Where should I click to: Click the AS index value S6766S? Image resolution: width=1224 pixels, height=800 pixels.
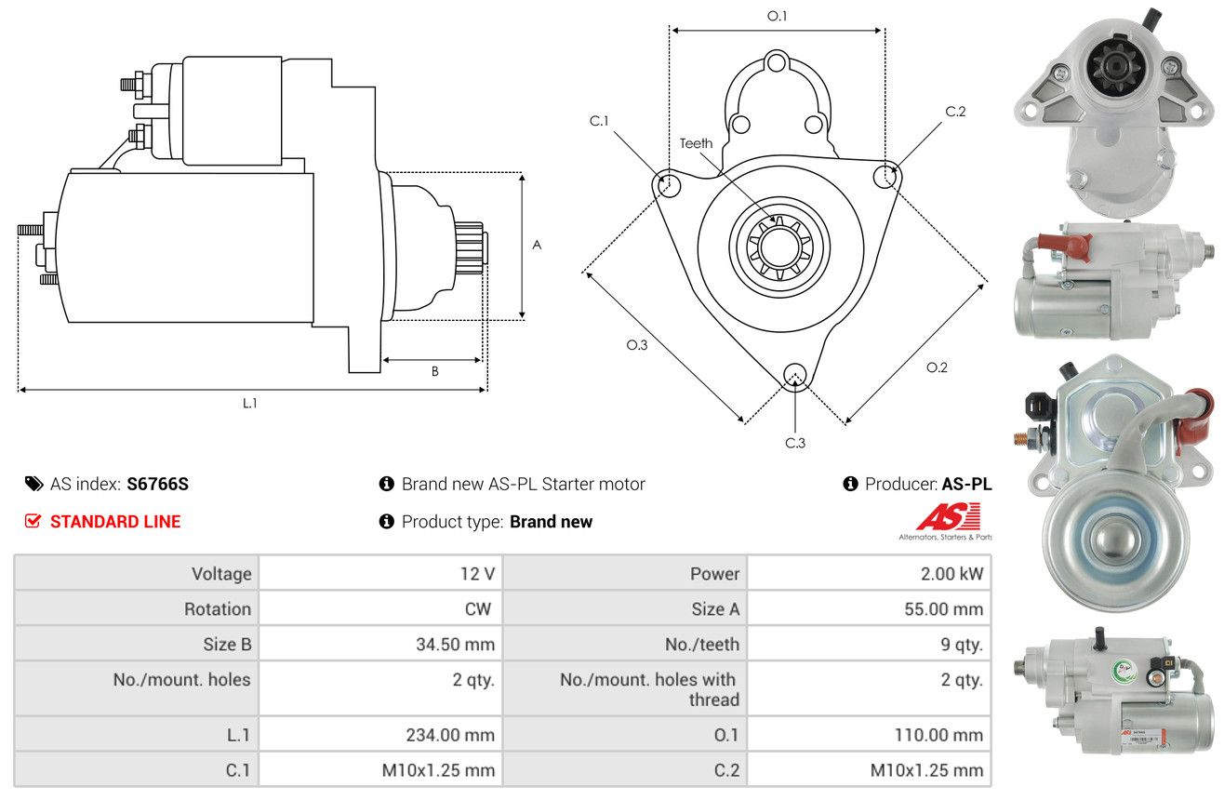coord(157,484)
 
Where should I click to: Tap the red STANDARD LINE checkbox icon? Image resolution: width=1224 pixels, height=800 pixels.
coord(33,521)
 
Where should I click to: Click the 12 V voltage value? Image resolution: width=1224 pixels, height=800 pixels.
coord(477,574)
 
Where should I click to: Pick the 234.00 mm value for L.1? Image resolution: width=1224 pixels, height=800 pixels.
coord(450,735)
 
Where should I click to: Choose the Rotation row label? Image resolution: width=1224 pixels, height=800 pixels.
coord(218,608)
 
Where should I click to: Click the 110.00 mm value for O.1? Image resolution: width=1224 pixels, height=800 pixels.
coord(938,735)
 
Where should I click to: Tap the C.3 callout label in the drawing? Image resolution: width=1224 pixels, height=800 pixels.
coord(795,443)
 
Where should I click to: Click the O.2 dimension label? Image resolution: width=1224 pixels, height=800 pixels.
coord(937,367)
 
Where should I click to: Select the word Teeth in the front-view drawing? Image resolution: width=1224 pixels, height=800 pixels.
coord(696,143)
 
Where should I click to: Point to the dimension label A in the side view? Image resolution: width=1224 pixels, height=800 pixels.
coord(537,245)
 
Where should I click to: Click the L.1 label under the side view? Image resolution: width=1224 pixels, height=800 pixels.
coord(249,404)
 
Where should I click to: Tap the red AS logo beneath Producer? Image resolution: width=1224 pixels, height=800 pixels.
coord(949,516)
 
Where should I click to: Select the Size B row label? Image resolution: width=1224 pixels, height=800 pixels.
coord(227,645)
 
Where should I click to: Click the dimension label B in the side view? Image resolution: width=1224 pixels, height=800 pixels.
coord(434,371)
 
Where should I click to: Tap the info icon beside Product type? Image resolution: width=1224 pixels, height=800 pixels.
coord(386,521)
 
